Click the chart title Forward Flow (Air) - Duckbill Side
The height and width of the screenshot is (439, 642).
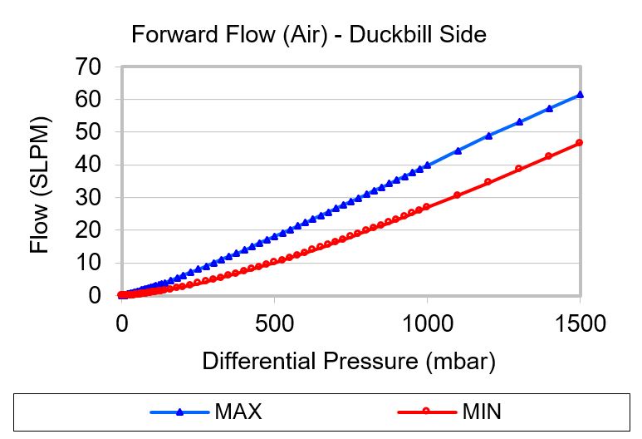[308, 35]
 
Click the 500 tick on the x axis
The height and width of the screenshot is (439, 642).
[275, 323]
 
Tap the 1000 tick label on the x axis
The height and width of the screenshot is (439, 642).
[428, 323]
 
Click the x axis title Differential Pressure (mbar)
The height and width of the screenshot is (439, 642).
[349, 362]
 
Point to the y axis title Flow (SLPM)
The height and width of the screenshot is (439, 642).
[40, 185]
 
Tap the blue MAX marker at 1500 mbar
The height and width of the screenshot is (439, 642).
[581, 95]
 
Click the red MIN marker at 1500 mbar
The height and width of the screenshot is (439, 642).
[581, 143]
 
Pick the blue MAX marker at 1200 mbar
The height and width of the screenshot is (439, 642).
[488, 136]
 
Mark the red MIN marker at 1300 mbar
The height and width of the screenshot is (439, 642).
[519, 169]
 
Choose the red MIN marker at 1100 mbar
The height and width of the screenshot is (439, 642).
[458, 195]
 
